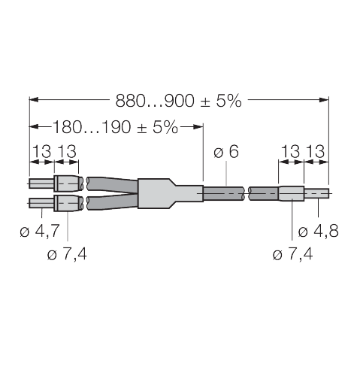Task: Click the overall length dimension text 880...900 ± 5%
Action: pyautogui.click(x=178, y=100)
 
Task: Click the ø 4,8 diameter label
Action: pyautogui.click(x=317, y=231)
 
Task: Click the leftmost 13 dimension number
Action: pyautogui.click(x=41, y=153)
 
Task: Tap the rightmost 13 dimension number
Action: pyautogui.click(x=316, y=153)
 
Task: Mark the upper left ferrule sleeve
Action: pyautogui.click(x=65, y=183)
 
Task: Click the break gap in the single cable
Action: pyautogui.click(x=248, y=194)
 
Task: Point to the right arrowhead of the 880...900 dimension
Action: pyautogui.click(x=325, y=99)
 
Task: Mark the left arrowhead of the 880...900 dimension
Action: pyautogui.click(x=33, y=99)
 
